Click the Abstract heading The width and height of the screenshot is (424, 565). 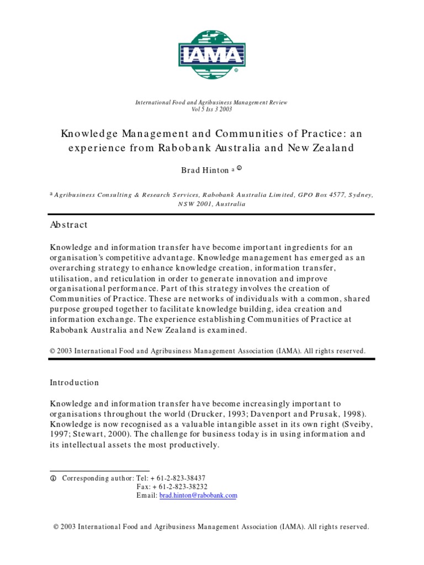[x=69, y=225]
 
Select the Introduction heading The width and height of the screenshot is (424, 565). [x=75, y=382]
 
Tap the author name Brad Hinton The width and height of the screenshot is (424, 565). [x=205, y=170]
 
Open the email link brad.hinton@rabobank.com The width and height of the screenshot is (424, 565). [x=198, y=495]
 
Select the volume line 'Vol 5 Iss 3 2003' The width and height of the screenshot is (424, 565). [x=211, y=109]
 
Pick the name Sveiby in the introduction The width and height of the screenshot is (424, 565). [x=346, y=424]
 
